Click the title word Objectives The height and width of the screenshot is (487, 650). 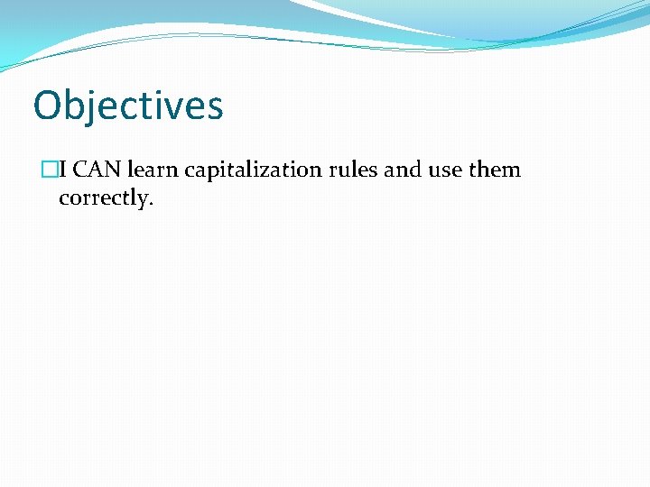pos(128,106)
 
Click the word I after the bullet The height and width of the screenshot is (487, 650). pos(62,170)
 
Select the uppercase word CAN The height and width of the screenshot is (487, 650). pos(97,170)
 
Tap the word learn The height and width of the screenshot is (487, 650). pos(153,170)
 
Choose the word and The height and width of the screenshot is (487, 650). pos(403,170)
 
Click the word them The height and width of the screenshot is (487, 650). pos(495,170)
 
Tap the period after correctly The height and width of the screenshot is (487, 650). pos(152,204)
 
